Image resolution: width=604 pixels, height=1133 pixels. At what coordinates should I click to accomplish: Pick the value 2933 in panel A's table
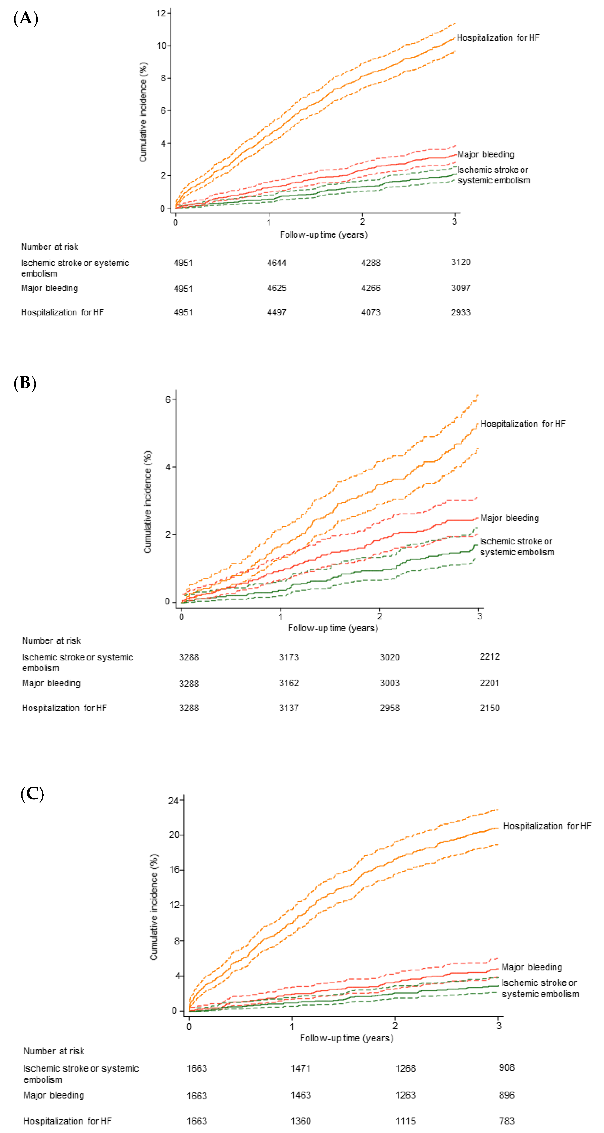point(461,312)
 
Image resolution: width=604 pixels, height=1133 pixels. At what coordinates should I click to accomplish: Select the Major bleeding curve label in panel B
point(509,518)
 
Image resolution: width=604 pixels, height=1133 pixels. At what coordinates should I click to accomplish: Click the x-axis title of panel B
point(333,628)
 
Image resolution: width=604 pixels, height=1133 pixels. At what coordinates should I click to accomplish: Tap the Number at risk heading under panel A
point(50,247)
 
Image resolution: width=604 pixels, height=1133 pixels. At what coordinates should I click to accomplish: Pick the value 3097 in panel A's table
point(461,288)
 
